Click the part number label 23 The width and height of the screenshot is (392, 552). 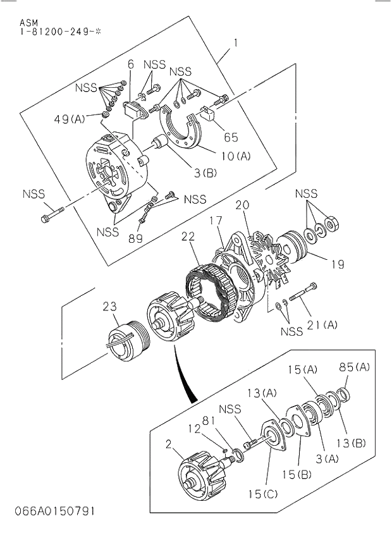click(110, 307)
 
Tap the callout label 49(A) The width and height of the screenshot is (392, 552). click(70, 118)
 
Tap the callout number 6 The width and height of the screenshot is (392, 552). click(131, 64)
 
